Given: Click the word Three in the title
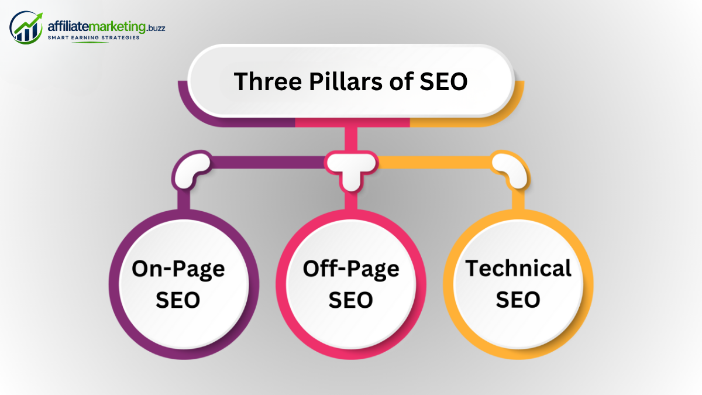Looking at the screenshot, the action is (268, 81).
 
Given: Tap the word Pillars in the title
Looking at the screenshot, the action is (346, 81).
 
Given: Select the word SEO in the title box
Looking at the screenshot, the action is (443, 81).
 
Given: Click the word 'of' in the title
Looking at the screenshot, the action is (401, 81).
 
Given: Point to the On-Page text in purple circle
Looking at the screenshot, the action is (178, 269).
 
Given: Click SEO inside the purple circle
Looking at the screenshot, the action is (178, 300).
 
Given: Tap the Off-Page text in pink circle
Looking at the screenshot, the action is (351, 269).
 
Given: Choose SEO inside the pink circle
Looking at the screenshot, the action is (350, 300).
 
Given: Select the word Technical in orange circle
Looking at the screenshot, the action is (518, 269).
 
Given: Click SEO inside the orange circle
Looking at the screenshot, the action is (518, 300).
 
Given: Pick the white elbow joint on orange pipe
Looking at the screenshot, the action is (511, 170).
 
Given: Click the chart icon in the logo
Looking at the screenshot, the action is (26, 28).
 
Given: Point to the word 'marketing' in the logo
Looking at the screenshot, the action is (117, 28).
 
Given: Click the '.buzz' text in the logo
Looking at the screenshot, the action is (156, 28).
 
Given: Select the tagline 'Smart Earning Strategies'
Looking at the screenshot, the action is (94, 37).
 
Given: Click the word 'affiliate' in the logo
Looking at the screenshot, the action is (68, 26).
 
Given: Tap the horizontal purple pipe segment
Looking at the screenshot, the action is (268, 163).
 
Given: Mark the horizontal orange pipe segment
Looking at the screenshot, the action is (434, 163).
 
